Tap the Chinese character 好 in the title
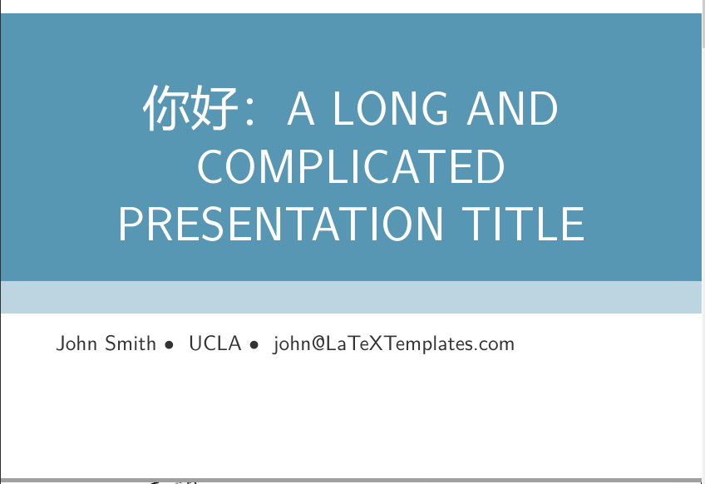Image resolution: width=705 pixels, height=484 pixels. (x=204, y=109)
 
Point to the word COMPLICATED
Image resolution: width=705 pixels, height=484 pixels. (x=351, y=166)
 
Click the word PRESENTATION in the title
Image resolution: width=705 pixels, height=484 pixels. (x=281, y=224)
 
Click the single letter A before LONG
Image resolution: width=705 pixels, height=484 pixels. (x=301, y=109)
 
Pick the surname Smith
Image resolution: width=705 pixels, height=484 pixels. (x=131, y=343)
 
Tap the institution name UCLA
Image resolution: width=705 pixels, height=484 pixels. (x=214, y=343)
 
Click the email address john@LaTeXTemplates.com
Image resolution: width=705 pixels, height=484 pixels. (x=393, y=343)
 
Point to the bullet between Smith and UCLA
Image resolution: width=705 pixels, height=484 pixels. (x=170, y=344)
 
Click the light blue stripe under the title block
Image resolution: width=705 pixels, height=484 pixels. (x=351, y=297)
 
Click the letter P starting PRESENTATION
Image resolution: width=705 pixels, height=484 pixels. (x=131, y=224)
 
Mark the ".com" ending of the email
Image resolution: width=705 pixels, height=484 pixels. (x=498, y=343)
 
